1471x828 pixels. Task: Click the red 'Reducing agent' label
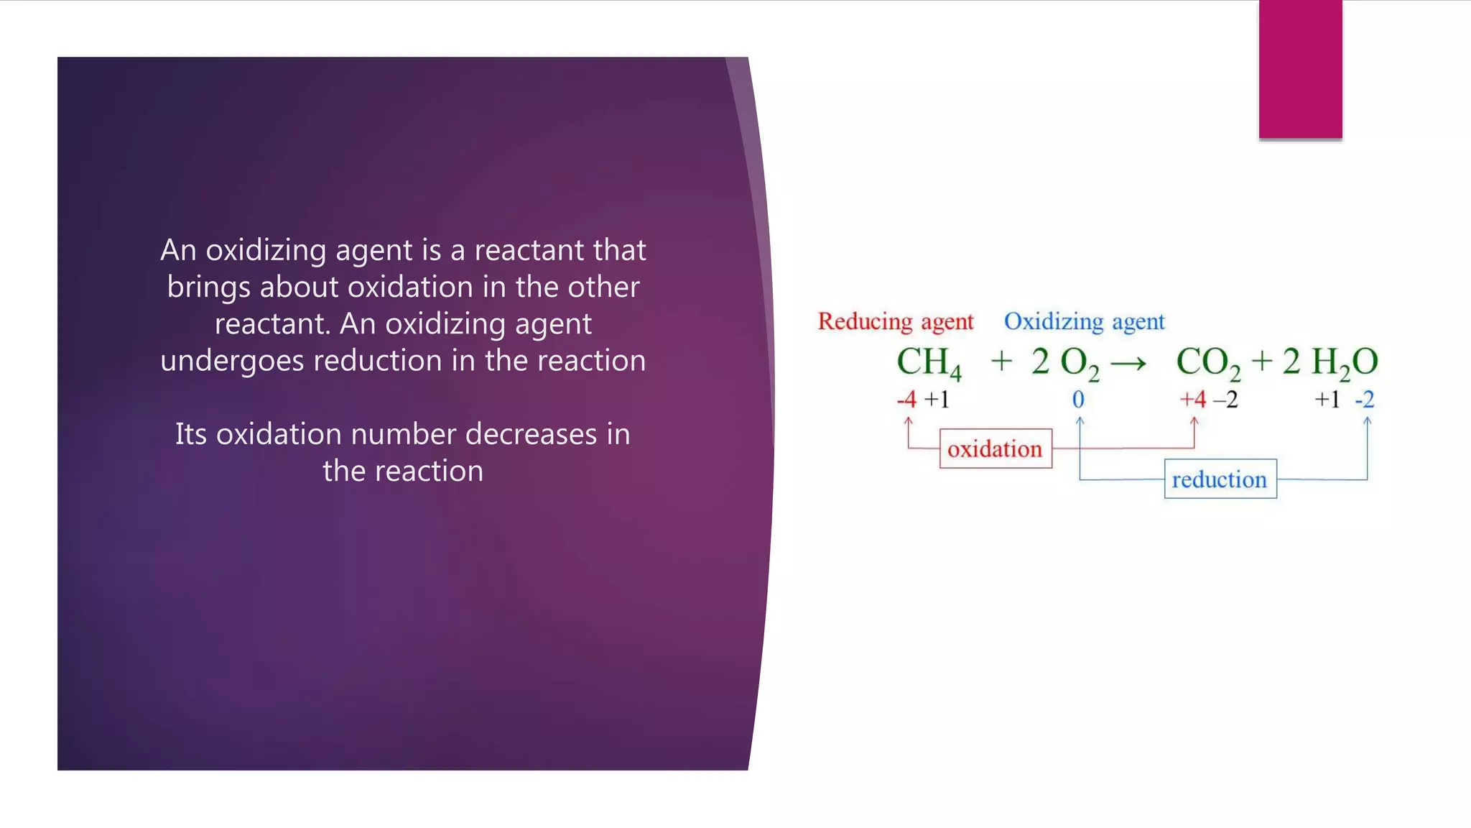pyautogui.click(x=895, y=321)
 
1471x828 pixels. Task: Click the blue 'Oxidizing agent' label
pyautogui.click(x=1084, y=321)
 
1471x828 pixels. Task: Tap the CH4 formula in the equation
pyautogui.click(x=928, y=362)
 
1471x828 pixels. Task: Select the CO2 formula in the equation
pyautogui.click(x=1207, y=362)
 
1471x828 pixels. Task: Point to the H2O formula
pyautogui.click(x=1344, y=362)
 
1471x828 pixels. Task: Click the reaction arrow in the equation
pyautogui.click(x=1128, y=364)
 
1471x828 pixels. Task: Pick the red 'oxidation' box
pyautogui.click(x=996, y=449)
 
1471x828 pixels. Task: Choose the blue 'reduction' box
pyautogui.click(x=1220, y=479)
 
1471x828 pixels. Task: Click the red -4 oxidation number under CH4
pyautogui.click(x=907, y=400)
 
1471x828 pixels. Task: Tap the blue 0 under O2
pyautogui.click(x=1078, y=400)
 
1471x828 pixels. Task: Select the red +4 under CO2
pyautogui.click(x=1193, y=400)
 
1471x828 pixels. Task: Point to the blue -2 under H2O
pyautogui.click(x=1365, y=400)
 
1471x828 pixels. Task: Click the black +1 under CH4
pyautogui.click(x=937, y=400)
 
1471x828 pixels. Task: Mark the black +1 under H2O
pyautogui.click(x=1327, y=400)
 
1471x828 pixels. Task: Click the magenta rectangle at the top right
pyautogui.click(x=1300, y=69)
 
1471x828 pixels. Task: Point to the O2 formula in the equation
pyautogui.click(x=1079, y=362)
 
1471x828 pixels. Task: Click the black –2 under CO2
pyautogui.click(x=1226, y=400)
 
